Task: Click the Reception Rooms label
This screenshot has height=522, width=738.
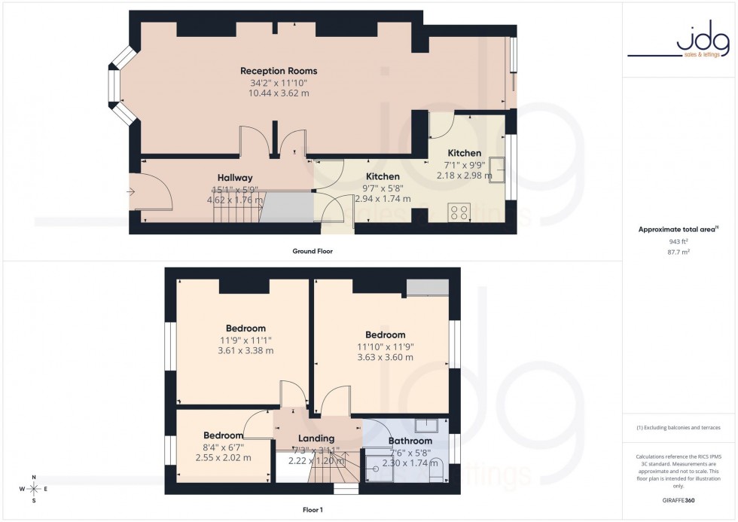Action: (279, 72)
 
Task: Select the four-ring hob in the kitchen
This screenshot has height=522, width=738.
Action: (459, 212)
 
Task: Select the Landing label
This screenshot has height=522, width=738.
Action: (316, 439)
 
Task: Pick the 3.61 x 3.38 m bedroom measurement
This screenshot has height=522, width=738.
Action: (245, 350)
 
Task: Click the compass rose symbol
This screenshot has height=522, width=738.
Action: (33, 489)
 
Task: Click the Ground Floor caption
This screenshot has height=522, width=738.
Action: (313, 251)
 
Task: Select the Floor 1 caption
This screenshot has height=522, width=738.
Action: (311, 510)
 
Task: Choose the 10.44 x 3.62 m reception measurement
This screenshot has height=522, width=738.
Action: (279, 93)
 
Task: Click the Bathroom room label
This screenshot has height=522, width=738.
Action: (410, 441)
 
